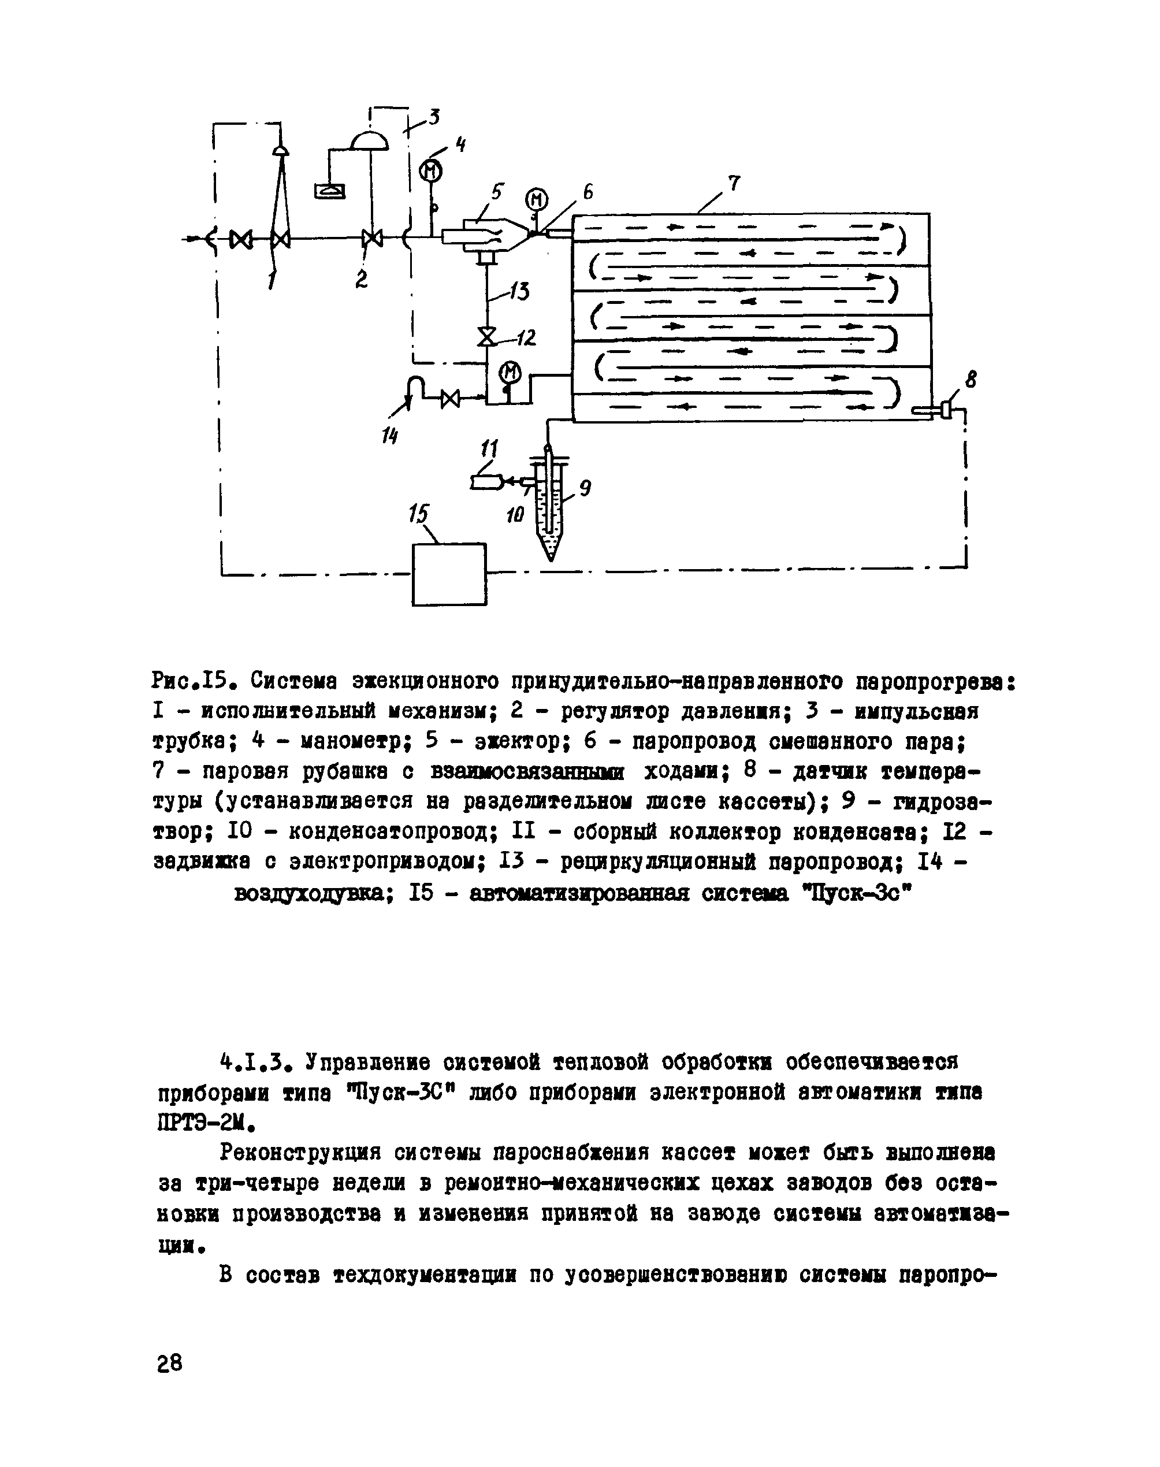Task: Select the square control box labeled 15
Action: pos(449,574)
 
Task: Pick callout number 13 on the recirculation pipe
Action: pos(519,291)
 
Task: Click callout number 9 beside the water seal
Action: pos(585,487)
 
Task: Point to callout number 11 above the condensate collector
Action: pos(489,449)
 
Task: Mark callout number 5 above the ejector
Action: pos(498,193)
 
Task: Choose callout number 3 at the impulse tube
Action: pos(433,117)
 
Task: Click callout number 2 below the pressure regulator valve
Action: pos(361,279)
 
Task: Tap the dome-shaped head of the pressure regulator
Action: pos(370,140)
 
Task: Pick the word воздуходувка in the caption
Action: pos(310,894)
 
